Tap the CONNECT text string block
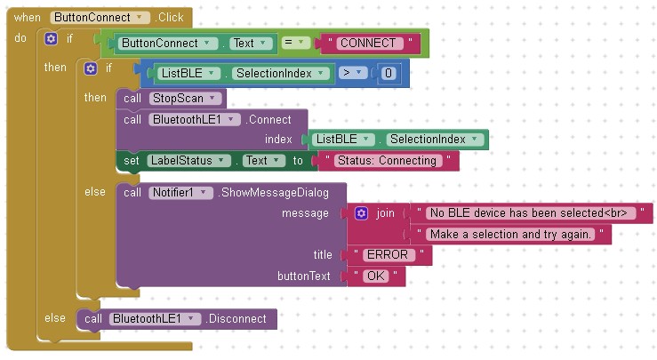coord(372,42)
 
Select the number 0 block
coord(388,74)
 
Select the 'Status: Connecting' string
coord(387,161)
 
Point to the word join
coord(385,213)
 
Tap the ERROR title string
coord(387,255)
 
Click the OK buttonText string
coord(375,276)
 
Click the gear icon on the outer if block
coord(51,39)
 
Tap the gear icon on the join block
coord(361,213)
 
